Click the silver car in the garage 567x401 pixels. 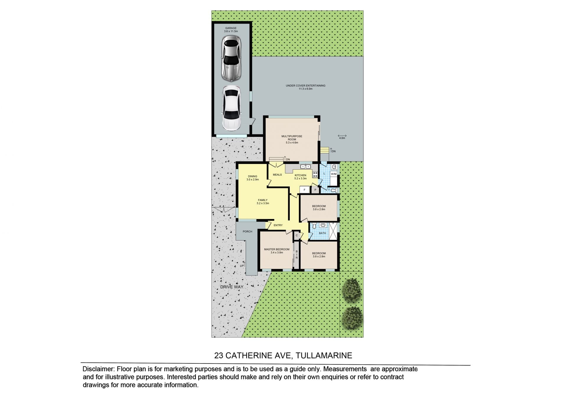[231, 59]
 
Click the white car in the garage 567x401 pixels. [231, 108]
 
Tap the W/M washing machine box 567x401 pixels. [334, 174]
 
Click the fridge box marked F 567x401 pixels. [304, 190]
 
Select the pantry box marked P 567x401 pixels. [315, 190]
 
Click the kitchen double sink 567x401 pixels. [305, 167]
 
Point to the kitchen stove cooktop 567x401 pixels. [315, 174]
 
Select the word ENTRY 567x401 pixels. [278, 225]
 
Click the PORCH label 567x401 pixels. [247, 231]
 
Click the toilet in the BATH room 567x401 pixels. [314, 226]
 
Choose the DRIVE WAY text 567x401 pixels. [232, 287]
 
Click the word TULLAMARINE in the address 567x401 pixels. [324, 355]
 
